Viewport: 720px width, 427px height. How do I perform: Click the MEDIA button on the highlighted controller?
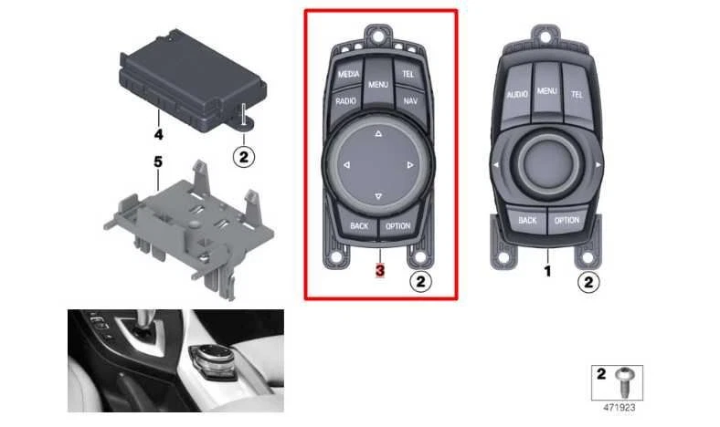point(348,74)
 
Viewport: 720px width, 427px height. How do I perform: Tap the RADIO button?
point(345,101)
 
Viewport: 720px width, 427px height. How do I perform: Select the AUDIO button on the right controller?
point(518,94)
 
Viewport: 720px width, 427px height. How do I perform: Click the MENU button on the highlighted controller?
point(378,85)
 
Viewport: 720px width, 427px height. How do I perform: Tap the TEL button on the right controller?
point(577,94)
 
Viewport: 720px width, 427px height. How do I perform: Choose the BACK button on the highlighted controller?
point(358,225)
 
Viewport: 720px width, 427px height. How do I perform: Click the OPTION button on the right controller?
point(566,220)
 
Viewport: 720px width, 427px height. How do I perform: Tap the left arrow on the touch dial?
point(346,165)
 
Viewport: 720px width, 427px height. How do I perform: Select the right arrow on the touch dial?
point(410,165)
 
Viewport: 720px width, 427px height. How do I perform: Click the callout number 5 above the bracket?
point(157,161)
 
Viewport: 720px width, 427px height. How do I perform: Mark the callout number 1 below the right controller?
point(547,271)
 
